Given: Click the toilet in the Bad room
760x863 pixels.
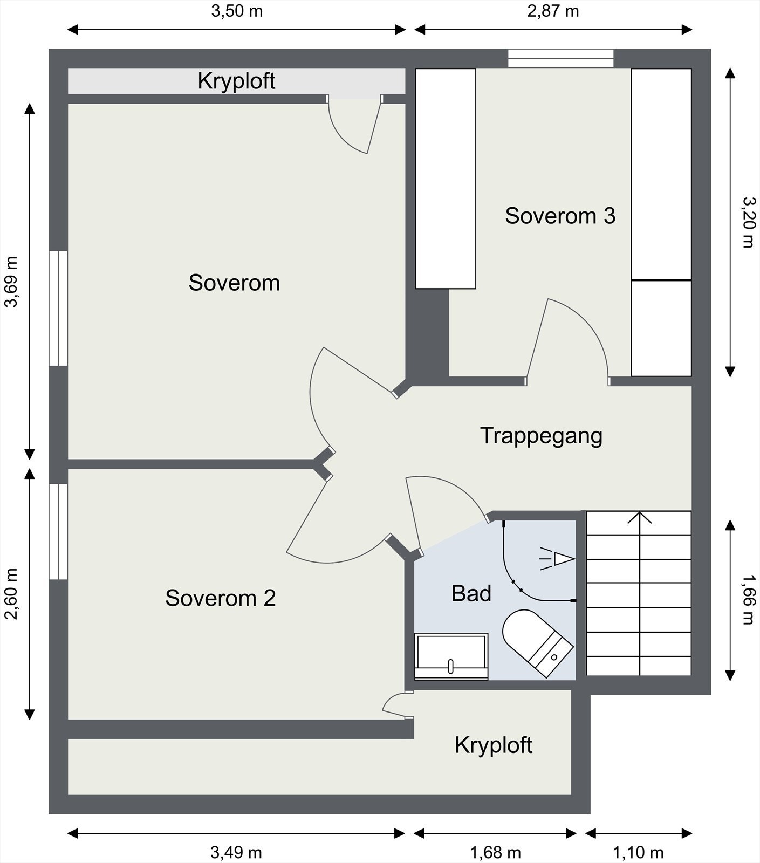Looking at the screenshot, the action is click(x=537, y=642).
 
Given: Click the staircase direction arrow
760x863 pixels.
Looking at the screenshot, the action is click(x=639, y=593).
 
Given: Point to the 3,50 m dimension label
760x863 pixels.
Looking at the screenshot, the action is click(x=237, y=11).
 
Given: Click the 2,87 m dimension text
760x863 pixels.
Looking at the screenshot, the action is click(x=553, y=11).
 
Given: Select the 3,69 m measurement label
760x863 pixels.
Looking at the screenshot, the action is click(x=11, y=281).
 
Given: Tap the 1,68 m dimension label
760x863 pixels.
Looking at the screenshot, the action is click(x=496, y=853).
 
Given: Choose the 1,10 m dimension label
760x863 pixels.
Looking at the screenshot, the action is click(x=638, y=853).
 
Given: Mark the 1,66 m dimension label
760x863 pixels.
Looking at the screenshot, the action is click(x=748, y=599).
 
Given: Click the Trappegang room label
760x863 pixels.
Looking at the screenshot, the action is click(x=541, y=436).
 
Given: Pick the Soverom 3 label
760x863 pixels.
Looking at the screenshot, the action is click(x=560, y=216).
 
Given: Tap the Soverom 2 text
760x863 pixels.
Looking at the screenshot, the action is click(x=220, y=598).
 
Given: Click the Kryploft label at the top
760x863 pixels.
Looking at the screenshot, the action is click(x=236, y=81).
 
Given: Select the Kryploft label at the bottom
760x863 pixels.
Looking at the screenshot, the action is click(x=494, y=745).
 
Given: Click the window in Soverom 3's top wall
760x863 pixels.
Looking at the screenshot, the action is click(x=561, y=58).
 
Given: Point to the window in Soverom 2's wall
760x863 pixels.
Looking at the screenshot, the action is click(x=58, y=531).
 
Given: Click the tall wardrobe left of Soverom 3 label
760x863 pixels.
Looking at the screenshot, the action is click(x=446, y=179).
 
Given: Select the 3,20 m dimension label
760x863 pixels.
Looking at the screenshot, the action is click(x=748, y=222).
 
